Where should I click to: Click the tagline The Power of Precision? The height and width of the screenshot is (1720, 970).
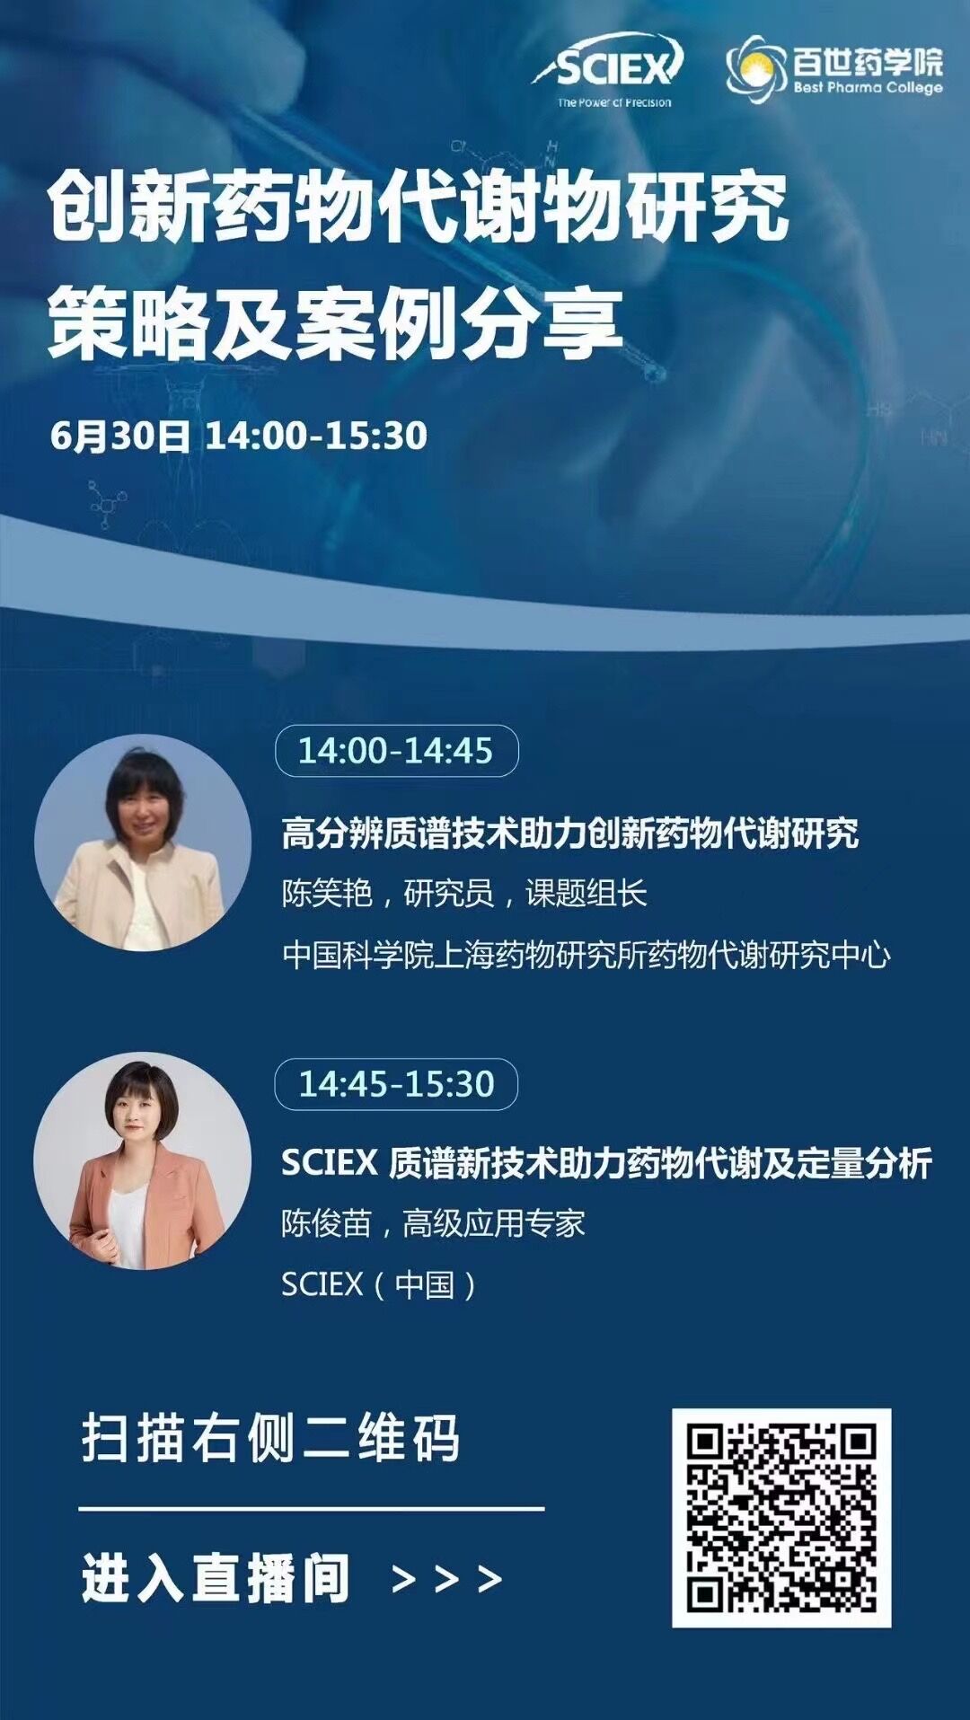pos(614,102)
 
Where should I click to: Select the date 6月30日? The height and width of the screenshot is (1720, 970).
pos(120,436)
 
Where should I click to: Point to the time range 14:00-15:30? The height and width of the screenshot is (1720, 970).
pos(316,436)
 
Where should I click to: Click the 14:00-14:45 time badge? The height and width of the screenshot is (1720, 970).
pos(396,751)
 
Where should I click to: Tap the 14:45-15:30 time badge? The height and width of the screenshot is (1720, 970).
pos(396,1084)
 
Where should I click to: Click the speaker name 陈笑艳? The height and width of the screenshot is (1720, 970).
pos(327,894)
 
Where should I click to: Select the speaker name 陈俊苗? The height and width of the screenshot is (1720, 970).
pos(327,1223)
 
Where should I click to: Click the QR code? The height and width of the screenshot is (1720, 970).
pos(781,1518)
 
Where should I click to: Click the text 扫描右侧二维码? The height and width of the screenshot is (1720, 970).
pos(270,1438)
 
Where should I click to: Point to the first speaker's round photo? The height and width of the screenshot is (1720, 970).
pos(143,842)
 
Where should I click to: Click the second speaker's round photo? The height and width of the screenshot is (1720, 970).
pos(143,1160)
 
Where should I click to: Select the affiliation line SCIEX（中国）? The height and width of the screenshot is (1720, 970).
pos(380,1284)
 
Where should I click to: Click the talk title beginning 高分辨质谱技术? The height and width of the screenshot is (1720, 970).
pos(570,833)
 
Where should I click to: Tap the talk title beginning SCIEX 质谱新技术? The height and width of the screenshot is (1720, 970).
pos(607,1163)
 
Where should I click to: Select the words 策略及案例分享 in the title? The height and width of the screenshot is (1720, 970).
pos(335,322)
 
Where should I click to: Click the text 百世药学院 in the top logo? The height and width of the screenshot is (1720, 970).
pos(869,61)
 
